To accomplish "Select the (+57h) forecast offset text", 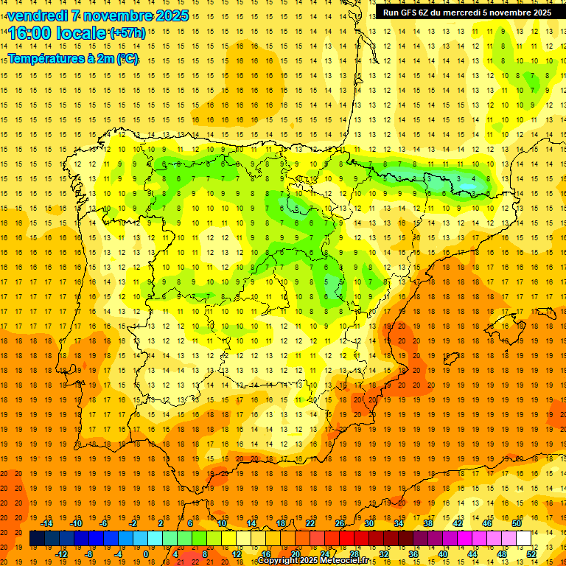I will pos(127,33).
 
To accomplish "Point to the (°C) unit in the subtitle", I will pos(127,59).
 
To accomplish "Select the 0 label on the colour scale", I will pos(145,554).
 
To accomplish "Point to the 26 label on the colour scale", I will pos(340,523).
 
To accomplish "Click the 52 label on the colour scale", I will pos(531,554).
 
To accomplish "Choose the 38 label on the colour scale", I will pos(428,523).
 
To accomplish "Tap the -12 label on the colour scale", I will pos(61,554).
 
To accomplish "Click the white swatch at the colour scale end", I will pos(524,539).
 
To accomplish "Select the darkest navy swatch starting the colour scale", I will pos(37,539).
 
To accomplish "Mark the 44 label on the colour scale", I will pos(472,554).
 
